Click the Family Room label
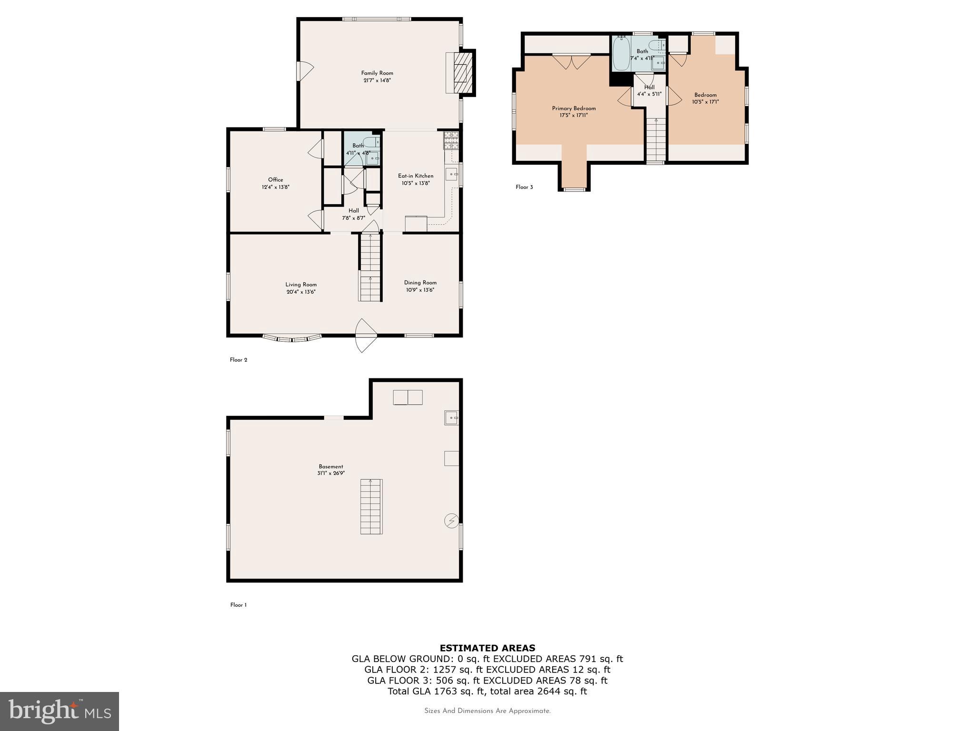pos(377,73)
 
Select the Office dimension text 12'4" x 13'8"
pos(275,187)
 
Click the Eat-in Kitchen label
pos(416,176)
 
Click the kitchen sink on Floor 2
pos(451,174)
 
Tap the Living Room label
pos(301,285)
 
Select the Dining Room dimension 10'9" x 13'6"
pos(420,290)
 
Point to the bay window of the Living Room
pos(291,339)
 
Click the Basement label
pos(331,466)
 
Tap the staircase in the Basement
pos(371,506)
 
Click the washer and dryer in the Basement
pos(408,397)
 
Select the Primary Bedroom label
pos(574,108)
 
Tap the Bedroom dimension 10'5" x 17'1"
pos(705,102)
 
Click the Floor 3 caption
pos(524,187)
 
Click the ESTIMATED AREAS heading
pos(487,648)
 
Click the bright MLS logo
pos(60,711)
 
